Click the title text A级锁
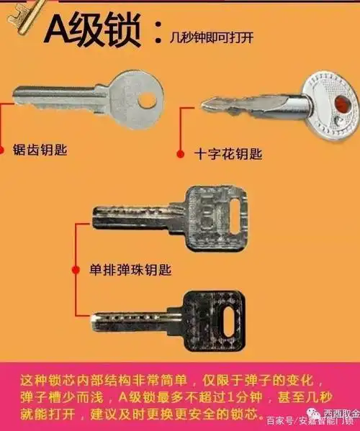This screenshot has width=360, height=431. (94, 30)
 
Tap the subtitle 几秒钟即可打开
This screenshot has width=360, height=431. (212, 35)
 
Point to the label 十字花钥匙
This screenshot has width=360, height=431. (229, 153)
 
